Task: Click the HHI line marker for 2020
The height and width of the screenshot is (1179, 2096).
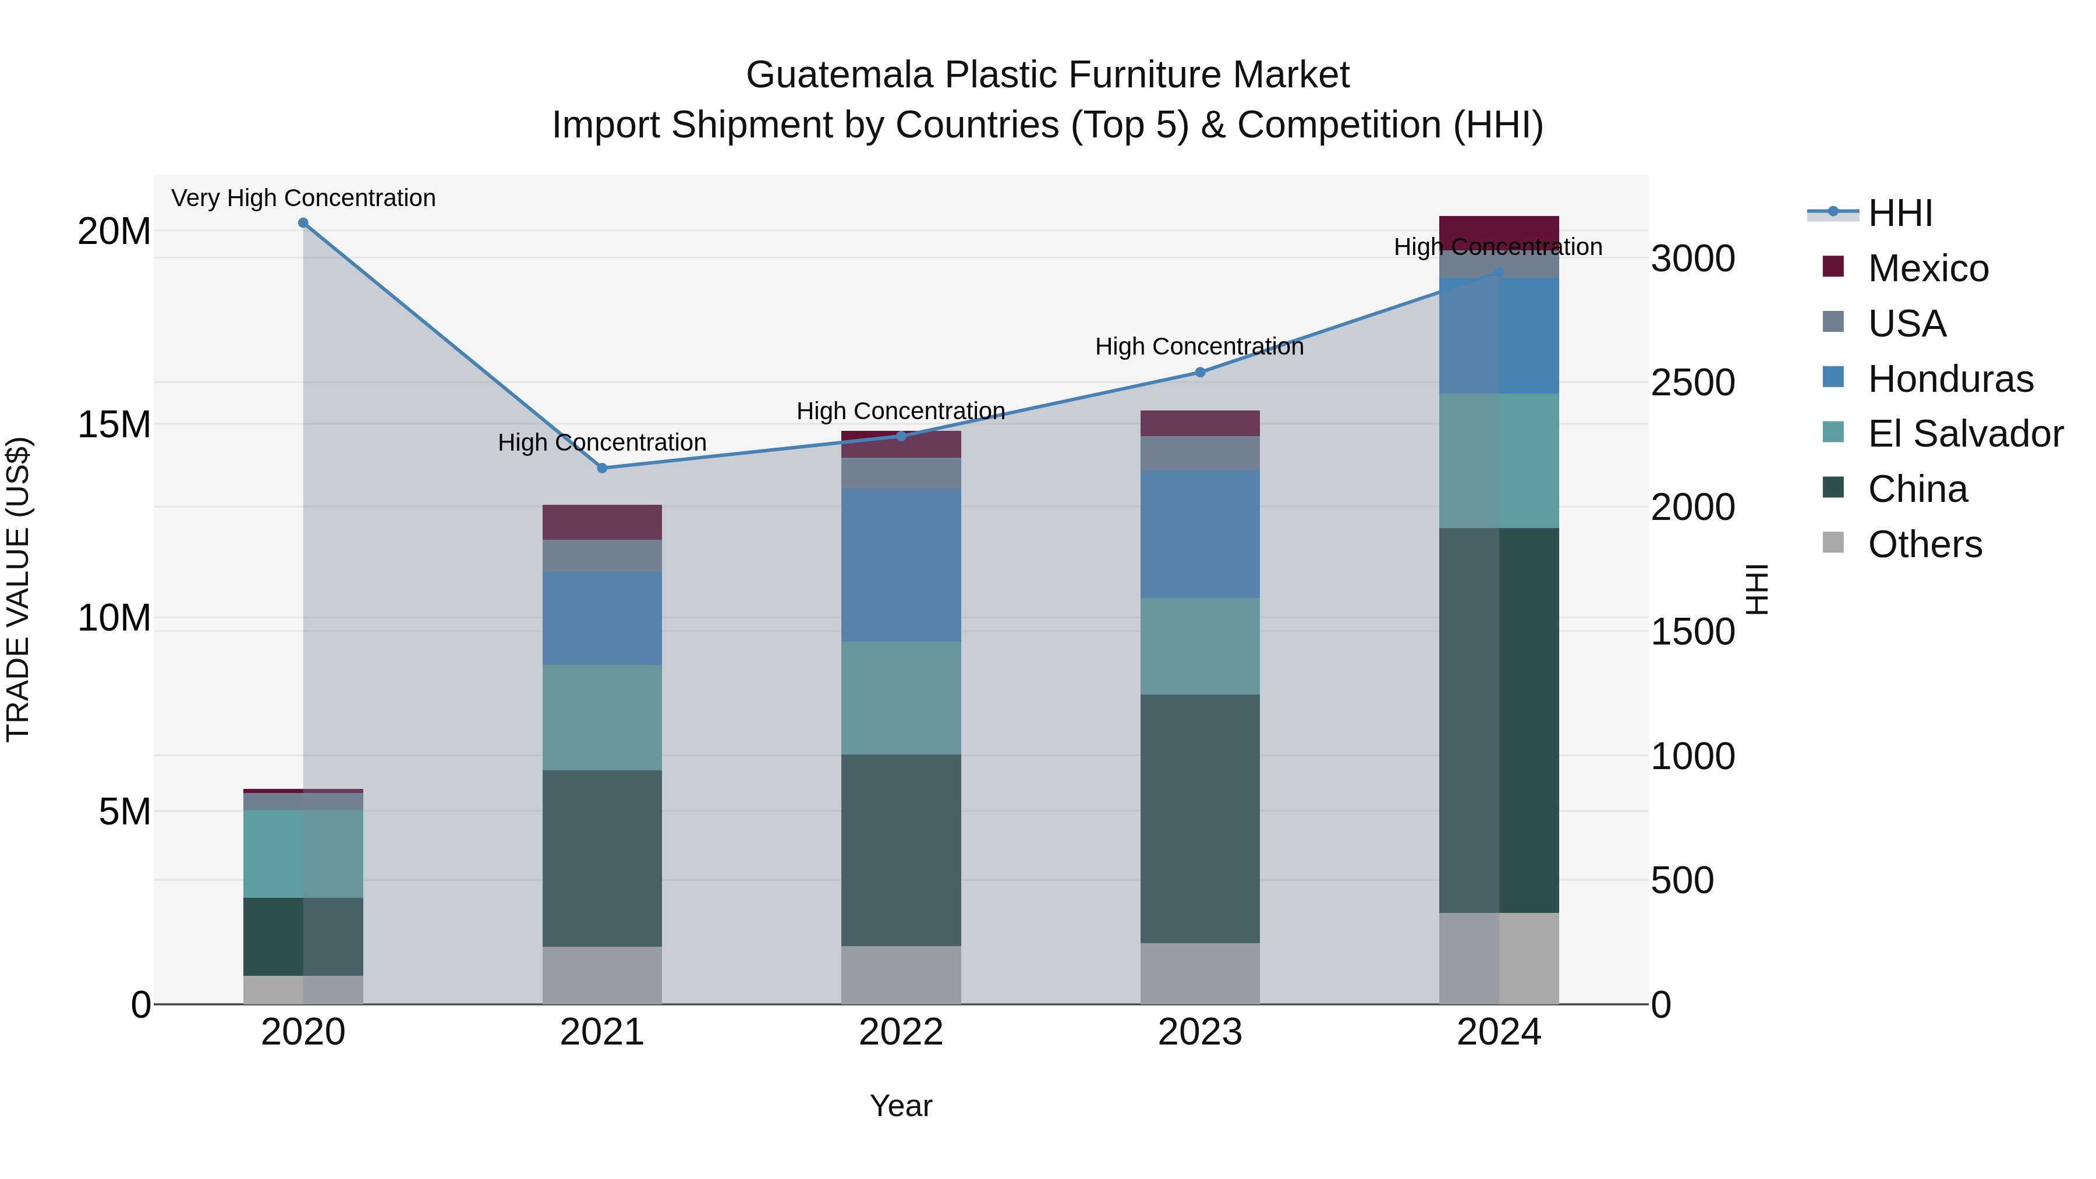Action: pyautogui.click(x=303, y=223)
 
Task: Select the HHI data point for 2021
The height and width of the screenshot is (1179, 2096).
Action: pyautogui.click(x=602, y=468)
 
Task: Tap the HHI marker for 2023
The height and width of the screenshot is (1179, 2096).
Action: pyautogui.click(x=1200, y=373)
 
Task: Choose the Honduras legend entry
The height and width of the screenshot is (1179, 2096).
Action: pyautogui.click(x=1950, y=379)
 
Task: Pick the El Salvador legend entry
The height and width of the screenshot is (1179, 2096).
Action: pyautogui.click(x=1965, y=434)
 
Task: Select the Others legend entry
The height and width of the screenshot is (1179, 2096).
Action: pyautogui.click(x=1924, y=544)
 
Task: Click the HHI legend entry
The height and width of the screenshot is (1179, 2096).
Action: pyautogui.click(x=1900, y=213)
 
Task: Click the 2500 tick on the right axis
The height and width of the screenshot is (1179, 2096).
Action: pyautogui.click(x=1693, y=383)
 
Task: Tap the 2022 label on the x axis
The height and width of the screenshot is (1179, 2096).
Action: pyautogui.click(x=901, y=1032)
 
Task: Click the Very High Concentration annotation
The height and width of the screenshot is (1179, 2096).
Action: pyautogui.click(x=303, y=198)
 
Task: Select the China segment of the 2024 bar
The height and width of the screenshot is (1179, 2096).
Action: pyautogui.click(x=1499, y=720)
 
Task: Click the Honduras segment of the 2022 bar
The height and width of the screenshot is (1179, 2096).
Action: pyautogui.click(x=901, y=565)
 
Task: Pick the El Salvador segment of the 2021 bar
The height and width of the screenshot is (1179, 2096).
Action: pyautogui.click(x=602, y=718)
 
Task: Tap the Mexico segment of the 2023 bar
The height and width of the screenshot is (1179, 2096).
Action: pyautogui.click(x=1200, y=423)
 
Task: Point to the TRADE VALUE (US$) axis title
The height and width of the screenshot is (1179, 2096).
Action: pyautogui.click(x=18, y=589)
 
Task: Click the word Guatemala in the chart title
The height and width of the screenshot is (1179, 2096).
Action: pyautogui.click(x=839, y=75)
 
